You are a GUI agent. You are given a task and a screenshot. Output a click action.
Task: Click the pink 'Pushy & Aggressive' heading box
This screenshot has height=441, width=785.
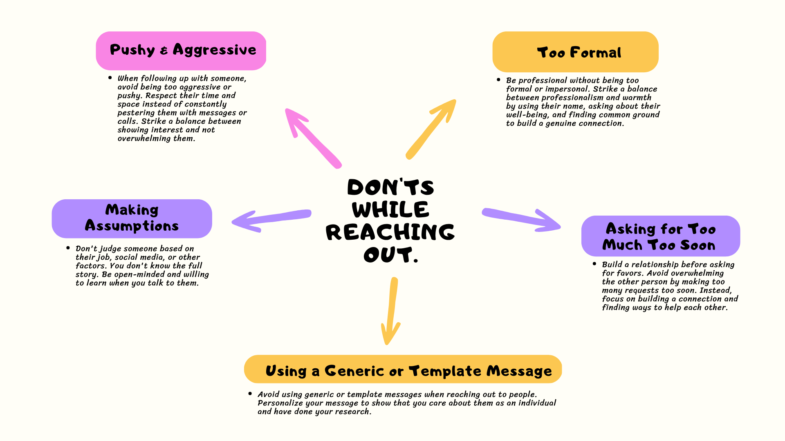click(181, 51)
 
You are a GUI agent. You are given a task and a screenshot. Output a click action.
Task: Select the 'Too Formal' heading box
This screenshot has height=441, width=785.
click(575, 52)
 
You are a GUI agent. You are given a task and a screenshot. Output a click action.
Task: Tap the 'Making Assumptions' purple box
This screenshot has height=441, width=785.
click(132, 218)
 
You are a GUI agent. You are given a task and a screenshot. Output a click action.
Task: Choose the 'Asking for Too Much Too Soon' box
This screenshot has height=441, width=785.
click(660, 236)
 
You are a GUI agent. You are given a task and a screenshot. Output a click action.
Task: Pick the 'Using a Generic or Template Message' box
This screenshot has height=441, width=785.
click(403, 369)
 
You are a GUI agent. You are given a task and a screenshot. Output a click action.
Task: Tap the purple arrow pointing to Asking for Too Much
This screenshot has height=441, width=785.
click(521, 219)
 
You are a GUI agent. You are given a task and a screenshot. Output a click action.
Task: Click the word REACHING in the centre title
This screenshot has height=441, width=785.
click(390, 232)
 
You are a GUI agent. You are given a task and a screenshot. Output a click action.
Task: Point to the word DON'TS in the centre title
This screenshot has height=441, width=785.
click(390, 187)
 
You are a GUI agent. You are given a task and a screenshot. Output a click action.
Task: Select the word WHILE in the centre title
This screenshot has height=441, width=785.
click(390, 209)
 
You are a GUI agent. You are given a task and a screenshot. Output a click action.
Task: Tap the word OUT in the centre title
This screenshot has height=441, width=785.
click(388, 255)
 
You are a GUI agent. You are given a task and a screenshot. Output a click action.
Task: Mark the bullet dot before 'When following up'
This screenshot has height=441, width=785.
click(110, 78)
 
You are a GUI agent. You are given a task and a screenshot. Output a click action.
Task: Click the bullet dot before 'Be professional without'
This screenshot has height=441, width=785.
click(498, 80)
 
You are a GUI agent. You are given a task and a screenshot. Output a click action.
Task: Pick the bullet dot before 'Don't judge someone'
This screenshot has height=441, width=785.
click(68, 248)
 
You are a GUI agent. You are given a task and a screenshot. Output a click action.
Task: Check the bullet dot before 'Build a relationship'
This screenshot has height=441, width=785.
click(594, 264)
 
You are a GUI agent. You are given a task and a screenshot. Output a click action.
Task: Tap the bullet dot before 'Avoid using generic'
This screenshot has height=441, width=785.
click(250, 394)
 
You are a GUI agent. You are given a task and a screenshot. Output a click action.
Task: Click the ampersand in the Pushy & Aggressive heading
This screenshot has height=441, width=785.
click(164, 51)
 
